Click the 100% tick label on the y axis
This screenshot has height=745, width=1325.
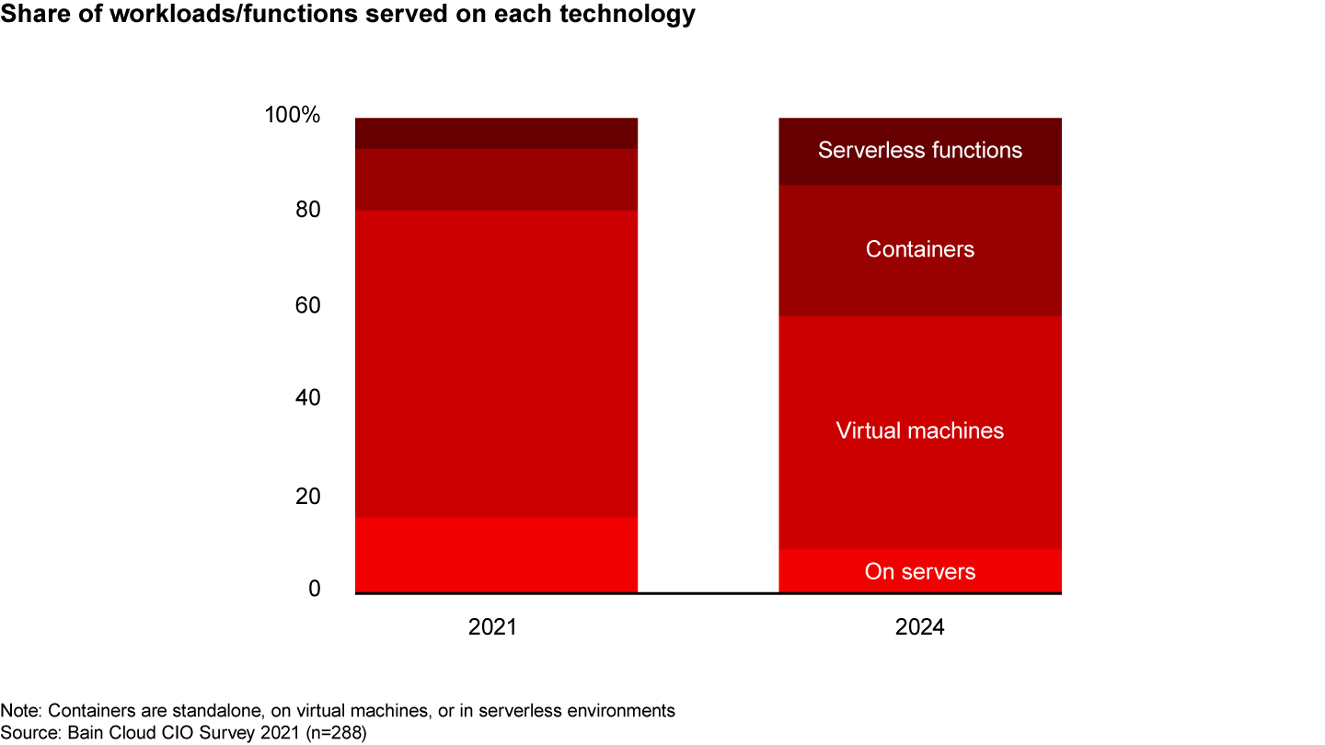(292, 117)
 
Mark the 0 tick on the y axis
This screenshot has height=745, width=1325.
(314, 589)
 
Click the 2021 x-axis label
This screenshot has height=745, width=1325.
(493, 628)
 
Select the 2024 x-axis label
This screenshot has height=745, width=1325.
(919, 628)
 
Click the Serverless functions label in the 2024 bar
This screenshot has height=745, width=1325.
(919, 150)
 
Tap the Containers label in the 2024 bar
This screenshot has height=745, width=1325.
(919, 249)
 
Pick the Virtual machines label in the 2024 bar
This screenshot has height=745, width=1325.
(919, 430)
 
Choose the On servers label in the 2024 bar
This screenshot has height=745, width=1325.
(919, 572)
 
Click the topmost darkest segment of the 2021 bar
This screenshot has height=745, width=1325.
(496, 133)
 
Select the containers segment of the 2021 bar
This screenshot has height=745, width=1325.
(496, 179)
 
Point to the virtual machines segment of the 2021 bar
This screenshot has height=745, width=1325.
(496, 363)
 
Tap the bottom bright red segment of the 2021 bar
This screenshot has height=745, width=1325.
(496, 555)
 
